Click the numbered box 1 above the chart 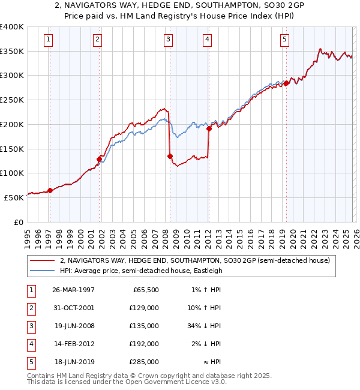click(48, 40)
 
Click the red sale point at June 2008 click(170, 157)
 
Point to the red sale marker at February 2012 click(209, 128)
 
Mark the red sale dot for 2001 click(99, 159)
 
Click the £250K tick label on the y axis click(11, 100)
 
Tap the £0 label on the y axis click(18, 222)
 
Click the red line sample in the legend click(43, 261)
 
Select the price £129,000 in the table click(145, 307)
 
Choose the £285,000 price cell click(145, 362)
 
